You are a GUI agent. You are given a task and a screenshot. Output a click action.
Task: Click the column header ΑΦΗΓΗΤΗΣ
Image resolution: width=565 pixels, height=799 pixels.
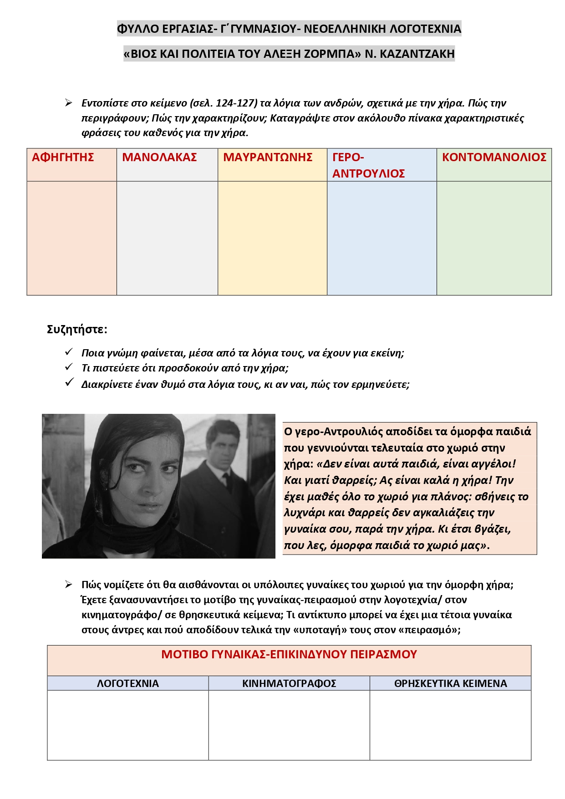tap(63, 158)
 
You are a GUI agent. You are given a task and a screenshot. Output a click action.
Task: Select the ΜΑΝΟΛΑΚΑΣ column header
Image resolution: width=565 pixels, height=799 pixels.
tap(159, 158)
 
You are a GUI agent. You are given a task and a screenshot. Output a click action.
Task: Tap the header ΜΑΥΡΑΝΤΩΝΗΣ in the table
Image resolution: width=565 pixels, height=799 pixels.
tap(268, 158)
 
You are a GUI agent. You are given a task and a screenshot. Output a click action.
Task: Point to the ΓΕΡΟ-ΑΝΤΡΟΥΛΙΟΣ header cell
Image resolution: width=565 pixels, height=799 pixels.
tap(368, 165)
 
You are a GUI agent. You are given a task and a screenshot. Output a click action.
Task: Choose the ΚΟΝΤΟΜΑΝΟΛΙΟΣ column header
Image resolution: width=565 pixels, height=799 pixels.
tap(494, 158)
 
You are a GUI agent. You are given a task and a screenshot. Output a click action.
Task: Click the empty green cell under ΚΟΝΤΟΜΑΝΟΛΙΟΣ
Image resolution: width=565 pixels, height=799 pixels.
tap(494, 238)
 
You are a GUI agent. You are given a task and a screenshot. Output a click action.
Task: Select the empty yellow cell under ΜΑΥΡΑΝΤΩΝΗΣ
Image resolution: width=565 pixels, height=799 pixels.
tap(272, 238)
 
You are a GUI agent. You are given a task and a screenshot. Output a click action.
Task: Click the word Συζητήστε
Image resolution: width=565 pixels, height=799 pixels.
tap(76, 329)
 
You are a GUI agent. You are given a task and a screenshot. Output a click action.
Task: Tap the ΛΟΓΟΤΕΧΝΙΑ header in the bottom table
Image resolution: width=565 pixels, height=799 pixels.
tap(128, 683)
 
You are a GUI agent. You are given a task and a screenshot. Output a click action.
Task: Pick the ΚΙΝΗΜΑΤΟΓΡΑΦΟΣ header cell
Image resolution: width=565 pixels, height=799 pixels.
tap(289, 683)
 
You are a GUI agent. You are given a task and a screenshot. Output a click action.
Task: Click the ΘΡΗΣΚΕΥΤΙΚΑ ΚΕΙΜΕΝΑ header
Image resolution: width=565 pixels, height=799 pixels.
tap(450, 683)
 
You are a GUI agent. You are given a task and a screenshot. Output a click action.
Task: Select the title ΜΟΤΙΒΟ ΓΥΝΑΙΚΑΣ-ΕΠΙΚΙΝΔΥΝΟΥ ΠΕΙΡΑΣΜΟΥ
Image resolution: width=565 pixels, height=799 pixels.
tap(289, 655)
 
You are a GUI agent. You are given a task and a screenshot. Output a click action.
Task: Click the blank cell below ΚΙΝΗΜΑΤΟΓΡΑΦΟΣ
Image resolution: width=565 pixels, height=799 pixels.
tap(289, 725)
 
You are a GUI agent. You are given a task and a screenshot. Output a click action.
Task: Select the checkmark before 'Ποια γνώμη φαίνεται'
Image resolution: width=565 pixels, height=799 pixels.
tap(69, 352)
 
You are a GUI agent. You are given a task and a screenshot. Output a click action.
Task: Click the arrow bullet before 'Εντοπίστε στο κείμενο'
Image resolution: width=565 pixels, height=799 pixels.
tap(69, 103)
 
